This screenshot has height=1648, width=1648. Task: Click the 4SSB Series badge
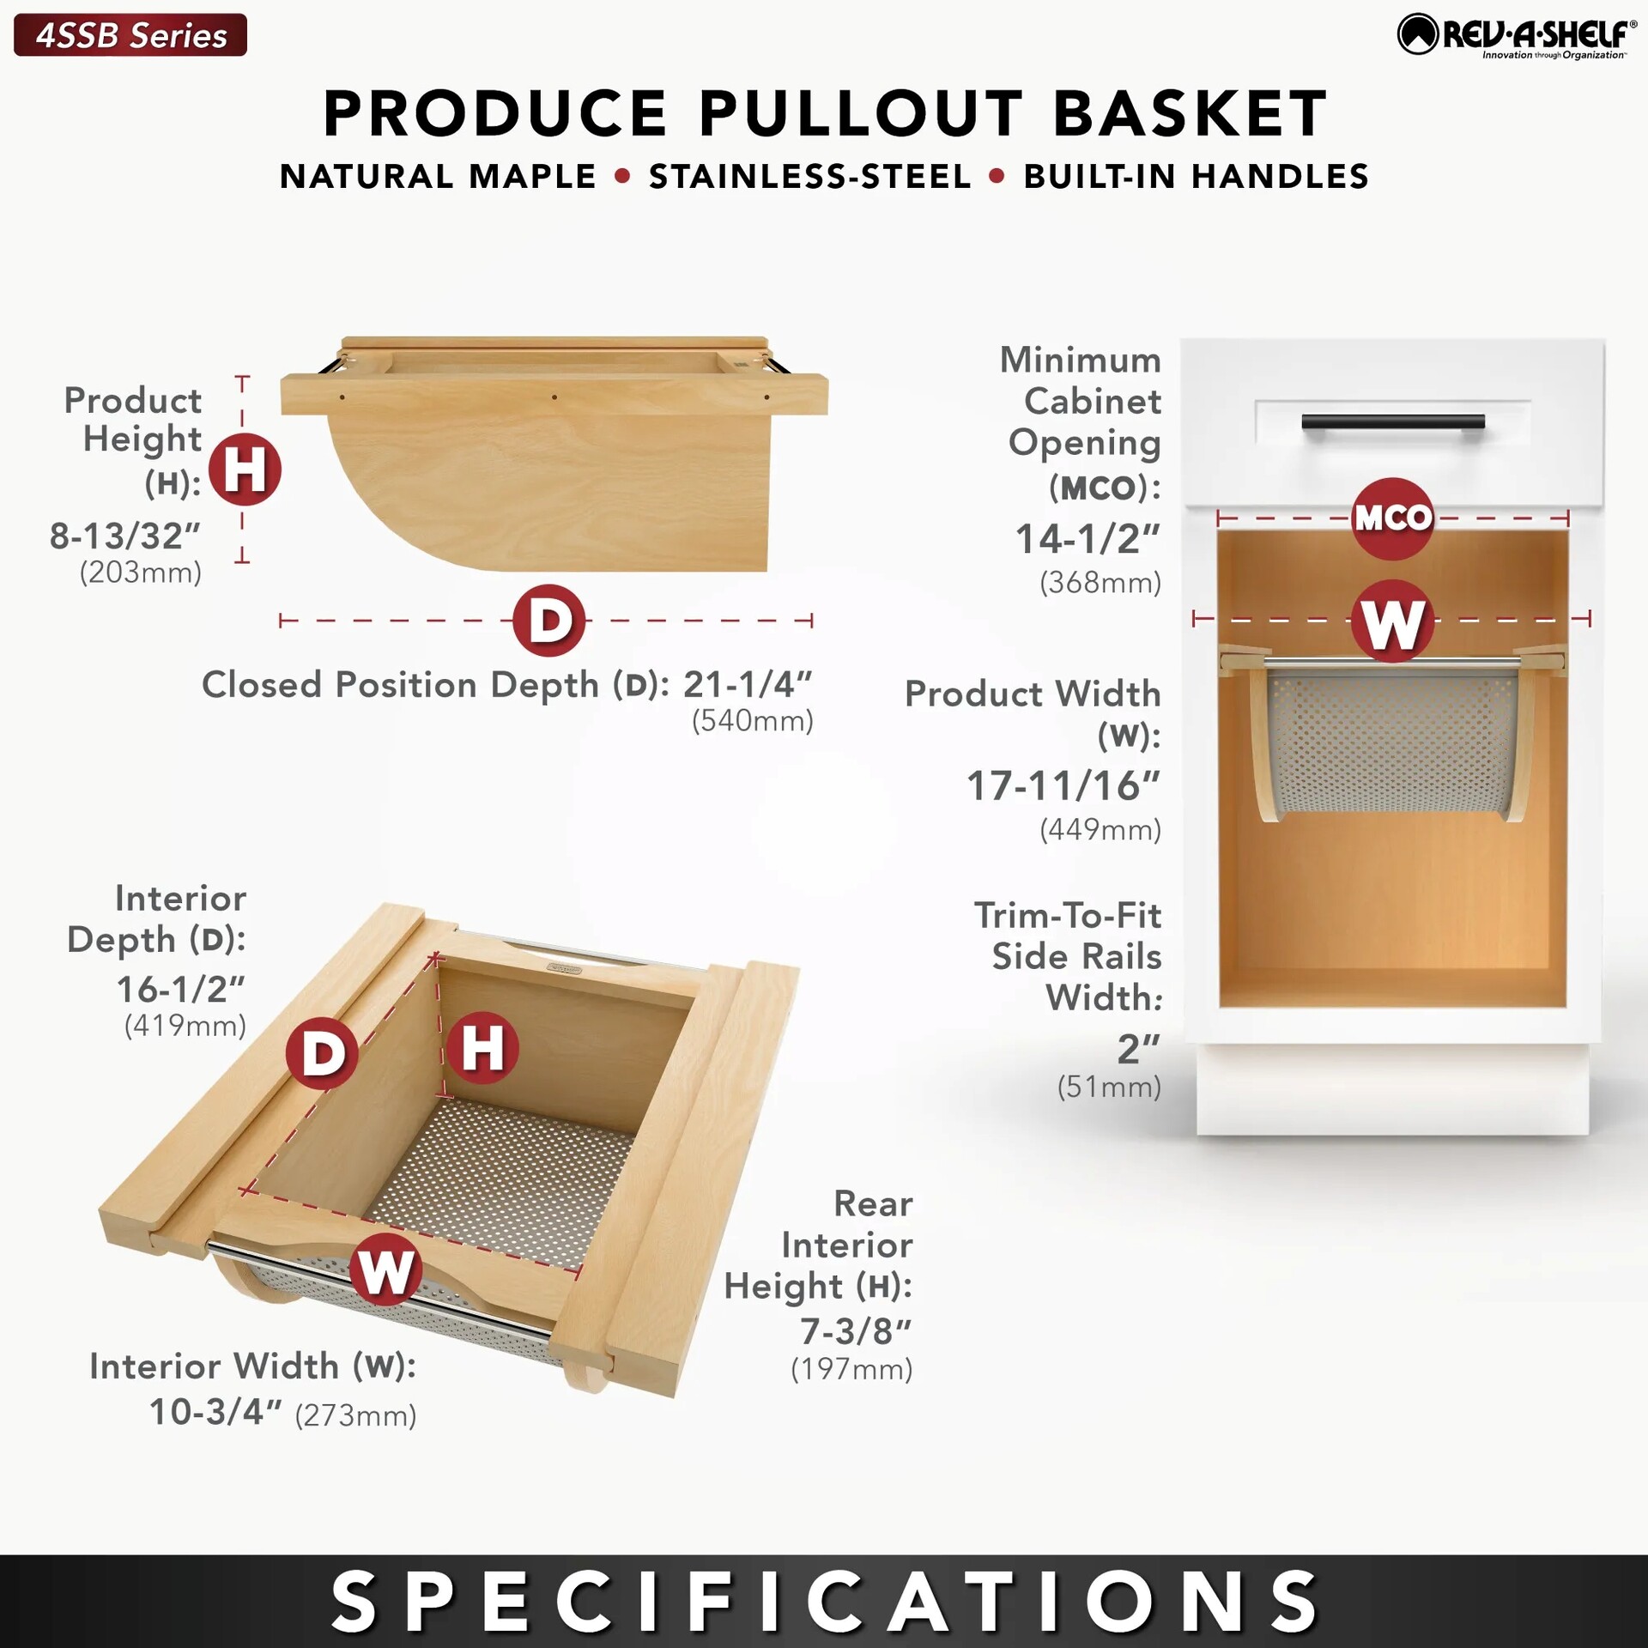click(130, 35)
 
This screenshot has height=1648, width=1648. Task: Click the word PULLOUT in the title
click(861, 113)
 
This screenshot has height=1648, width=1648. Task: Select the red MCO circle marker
click(1393, 518)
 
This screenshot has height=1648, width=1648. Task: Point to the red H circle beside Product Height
click(245, 470)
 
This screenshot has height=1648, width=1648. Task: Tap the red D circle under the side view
click(549, 621)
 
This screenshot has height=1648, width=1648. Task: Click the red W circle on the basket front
click(385, 1270)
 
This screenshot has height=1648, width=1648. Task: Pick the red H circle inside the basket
click(482, 1048)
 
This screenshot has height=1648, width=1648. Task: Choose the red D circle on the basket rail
click(323, 1053)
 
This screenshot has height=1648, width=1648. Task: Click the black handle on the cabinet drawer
click(1392, 421)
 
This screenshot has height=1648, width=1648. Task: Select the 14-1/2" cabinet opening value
click(1088, 539)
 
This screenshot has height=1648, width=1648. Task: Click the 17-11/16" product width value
click(1063, 785)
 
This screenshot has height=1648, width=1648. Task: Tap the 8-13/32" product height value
click(124, 536)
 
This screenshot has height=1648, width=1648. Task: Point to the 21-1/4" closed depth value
click(748, 684)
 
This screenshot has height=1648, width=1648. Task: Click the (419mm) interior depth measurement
click(185, 1025)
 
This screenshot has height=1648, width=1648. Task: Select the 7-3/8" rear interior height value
click(856, 1331)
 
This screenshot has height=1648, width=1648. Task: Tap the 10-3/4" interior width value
click(215, 1412)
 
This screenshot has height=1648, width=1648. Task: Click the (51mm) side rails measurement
click(1109, 1087)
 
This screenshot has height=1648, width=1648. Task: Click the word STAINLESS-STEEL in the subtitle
click(810, 177)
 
